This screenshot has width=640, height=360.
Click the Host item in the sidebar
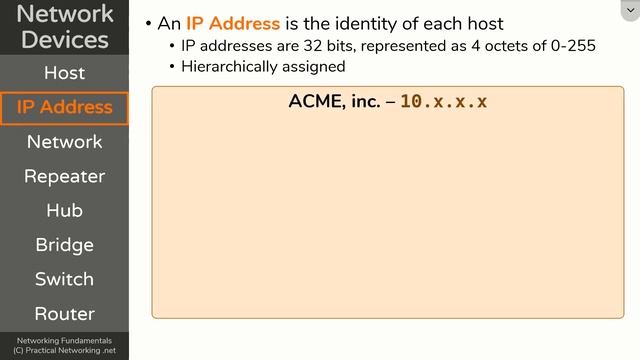point(64,73)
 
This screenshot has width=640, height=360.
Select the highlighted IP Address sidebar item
point(64,107)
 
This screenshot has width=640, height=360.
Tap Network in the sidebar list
point(64,142)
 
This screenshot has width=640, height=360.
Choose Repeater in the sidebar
point(64,176)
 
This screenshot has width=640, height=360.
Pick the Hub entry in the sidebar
point(64,210)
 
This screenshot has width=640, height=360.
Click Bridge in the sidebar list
point(64,245)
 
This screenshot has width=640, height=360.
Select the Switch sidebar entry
point(64,279)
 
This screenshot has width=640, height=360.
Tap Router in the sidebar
point(64,313)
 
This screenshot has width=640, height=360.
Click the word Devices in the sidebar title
point(64,40)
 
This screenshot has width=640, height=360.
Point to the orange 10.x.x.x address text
point(443,102)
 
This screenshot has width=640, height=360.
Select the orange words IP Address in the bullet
point(233,23)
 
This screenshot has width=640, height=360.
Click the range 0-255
point(573,47)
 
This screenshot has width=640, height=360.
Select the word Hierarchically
point(226,66)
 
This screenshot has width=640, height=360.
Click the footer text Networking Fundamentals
point(64,341)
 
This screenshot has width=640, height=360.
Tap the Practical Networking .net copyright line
point(64,351)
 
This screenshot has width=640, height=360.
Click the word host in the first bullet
point(482,23)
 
